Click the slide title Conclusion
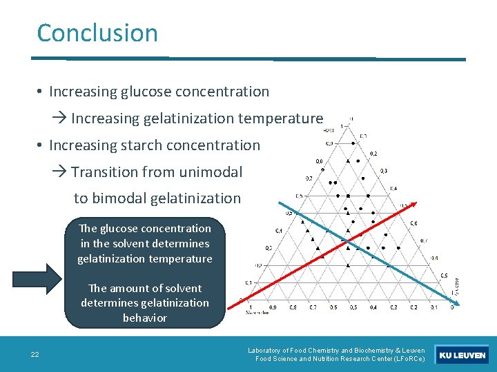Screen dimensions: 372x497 click(x=97, y=33)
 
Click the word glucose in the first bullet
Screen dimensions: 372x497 click(x=147, y=92)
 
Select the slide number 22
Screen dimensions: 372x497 click(x=35, y=355)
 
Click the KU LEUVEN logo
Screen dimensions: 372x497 click(x=462, y=355)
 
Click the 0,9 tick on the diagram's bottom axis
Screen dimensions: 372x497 click(x=273, y=307)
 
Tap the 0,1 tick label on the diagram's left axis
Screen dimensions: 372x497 click(x=249, y=283)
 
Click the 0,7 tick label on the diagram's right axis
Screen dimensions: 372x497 click(x=423, y=240)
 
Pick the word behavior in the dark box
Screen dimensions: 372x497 click(x=145, y=318)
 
